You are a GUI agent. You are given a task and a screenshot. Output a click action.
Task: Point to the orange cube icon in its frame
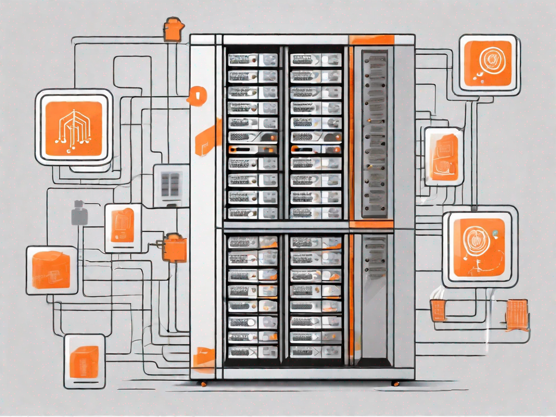point(52,270)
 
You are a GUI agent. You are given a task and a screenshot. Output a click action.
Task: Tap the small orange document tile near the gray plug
point(122,225)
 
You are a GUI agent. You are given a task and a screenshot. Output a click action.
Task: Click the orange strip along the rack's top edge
point(371,40)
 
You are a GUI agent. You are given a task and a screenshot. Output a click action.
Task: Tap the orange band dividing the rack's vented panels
point(371,224)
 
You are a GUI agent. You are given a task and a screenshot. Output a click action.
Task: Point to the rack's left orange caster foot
point(203,384)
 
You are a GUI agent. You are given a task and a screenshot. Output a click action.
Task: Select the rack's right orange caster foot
point(395,383)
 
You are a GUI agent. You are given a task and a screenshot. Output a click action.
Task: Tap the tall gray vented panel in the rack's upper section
point(375,133)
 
